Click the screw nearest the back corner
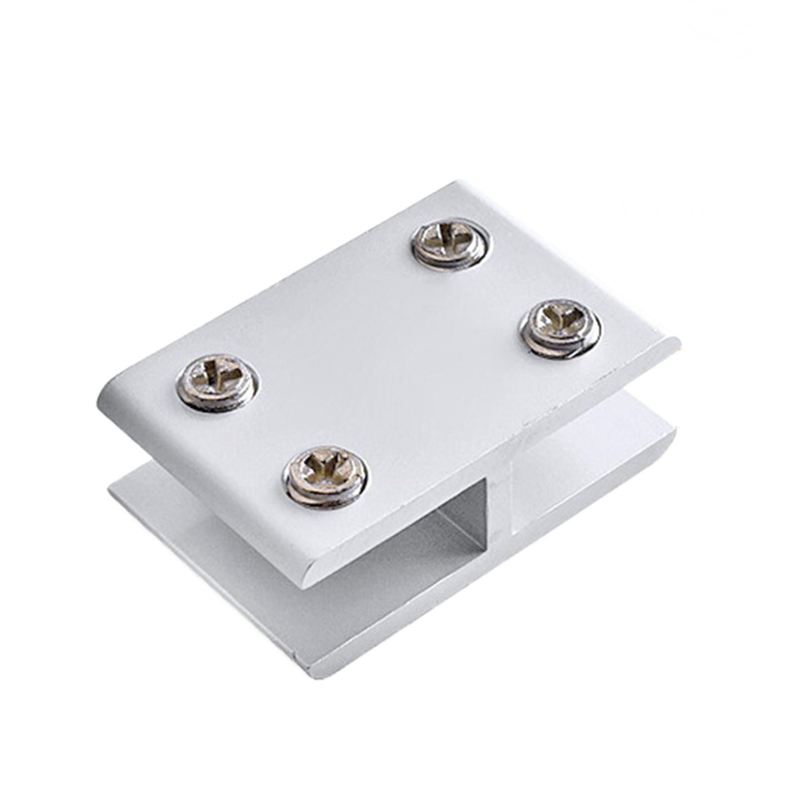pyautogui.click(x=451, y=244)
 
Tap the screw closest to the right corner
pyautogui.click(x=561, y=328)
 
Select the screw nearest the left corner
pyautogui.click(x=217, y=382)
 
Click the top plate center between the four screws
pyautogui.click(x=390, y=356)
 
